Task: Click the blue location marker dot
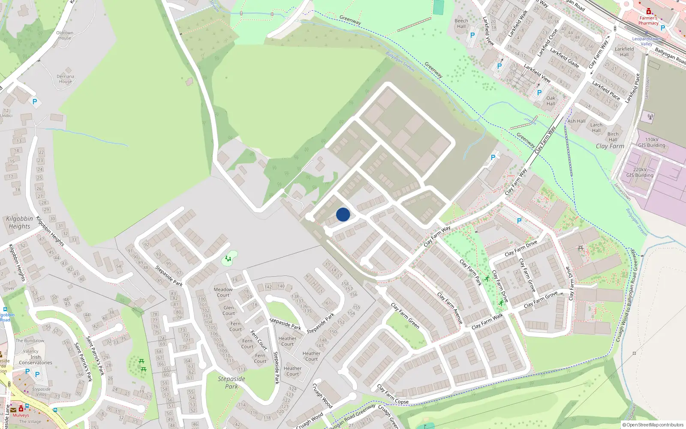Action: (x=343, y=214)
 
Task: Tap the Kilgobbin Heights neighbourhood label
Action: (x=19, y=222)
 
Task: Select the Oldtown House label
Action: (x=65, y=35)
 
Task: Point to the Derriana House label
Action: (x=66, y=79)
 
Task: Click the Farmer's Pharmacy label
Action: (x=648, y=20)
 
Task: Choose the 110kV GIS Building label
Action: (x=652, y=142)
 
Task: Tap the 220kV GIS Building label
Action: (x=640, y=172)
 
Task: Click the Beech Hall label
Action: (x=461, y=23)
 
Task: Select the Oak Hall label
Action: (x=551, y=101)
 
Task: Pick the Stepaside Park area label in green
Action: (x=232, y=382)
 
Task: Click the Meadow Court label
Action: (x=223, y=292)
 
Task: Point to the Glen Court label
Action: (x=229, y=310)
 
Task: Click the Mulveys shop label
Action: (x=21, y=415)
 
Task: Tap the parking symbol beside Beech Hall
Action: (x=472, y=35)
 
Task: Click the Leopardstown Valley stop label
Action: (x=647, y=41)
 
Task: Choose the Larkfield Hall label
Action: (x=624, y=51)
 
